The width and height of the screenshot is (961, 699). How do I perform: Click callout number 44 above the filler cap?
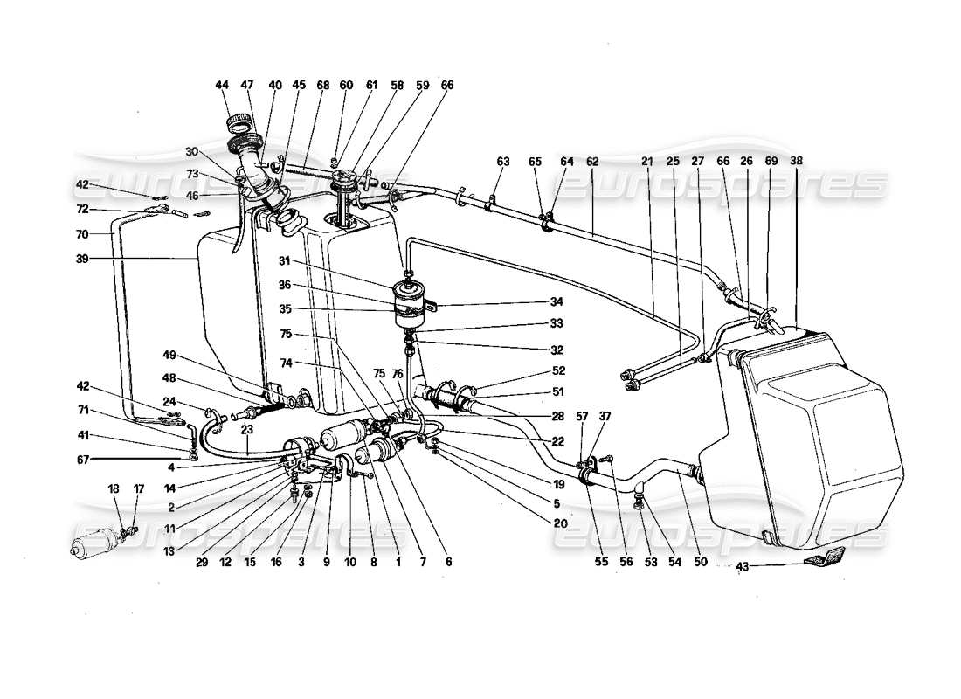[222, 86]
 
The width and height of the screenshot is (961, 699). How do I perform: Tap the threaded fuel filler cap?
[239, 121]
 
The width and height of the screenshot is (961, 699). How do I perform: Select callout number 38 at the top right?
[797, 162]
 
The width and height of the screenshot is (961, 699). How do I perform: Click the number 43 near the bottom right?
[742, 567]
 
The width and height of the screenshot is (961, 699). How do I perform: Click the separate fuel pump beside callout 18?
[98, 541]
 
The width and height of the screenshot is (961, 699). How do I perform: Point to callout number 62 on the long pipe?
[592, 162]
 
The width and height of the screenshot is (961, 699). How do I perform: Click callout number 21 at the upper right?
[647, 162]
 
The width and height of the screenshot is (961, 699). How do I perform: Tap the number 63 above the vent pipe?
[502, 162]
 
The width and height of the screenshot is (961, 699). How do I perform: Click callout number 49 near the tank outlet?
[169, 354]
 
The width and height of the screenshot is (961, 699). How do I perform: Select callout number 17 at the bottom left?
[137, 489]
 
